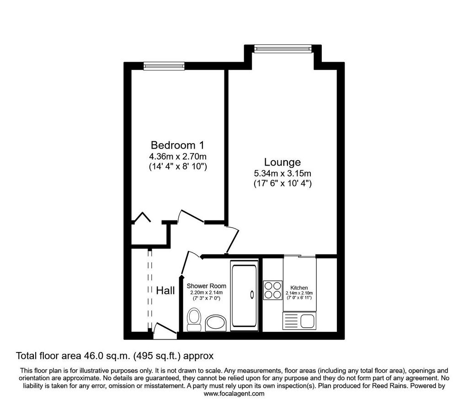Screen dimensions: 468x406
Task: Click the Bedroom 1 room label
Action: point(178,145)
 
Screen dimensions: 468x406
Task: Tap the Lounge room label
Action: point(282,162)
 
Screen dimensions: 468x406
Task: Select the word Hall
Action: point(165,290)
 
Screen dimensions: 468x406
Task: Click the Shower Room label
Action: point(207,286)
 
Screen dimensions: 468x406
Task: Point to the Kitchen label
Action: point(299,288)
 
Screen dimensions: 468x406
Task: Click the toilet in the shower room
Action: point(194,320)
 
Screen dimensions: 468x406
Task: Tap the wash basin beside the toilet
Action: point(216,323)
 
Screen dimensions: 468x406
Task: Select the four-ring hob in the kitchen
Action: point(273,290)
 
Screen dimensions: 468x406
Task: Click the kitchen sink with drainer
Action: point(299,321)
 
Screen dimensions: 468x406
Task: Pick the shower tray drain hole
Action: point(252,294)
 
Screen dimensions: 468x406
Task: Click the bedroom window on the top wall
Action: point(164,66)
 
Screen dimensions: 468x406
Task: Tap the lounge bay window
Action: point(283,48)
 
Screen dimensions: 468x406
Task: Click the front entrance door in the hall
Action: point(165,331)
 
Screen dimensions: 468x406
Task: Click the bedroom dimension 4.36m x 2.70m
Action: point(178,156)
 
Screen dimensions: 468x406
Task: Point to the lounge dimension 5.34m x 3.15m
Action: point(282,173)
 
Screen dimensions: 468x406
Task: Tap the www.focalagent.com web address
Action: point(234,394)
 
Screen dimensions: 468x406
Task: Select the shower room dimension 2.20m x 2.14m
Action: point(207,293)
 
